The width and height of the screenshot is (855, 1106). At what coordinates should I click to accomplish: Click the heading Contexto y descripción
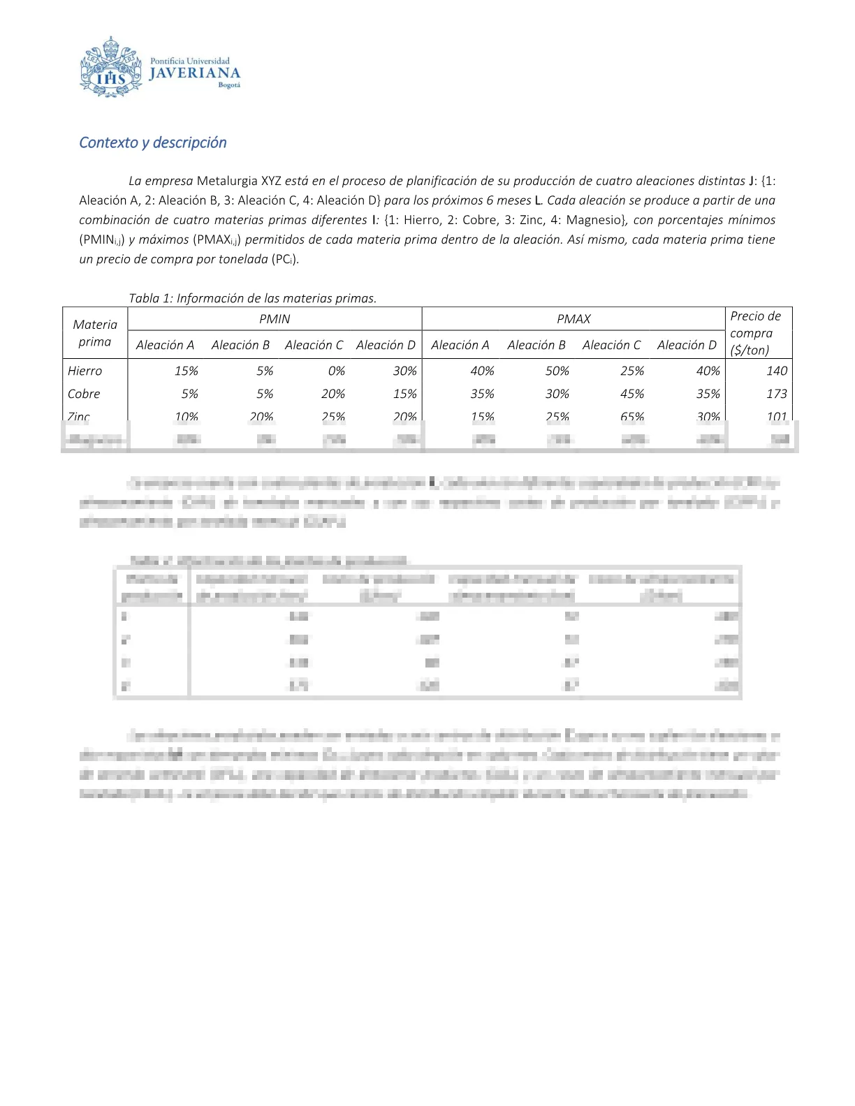(x=153, y=142)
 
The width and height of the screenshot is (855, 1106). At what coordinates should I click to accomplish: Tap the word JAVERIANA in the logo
(x=195, y=73)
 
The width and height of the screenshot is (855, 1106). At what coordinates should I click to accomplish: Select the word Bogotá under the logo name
(x=229, y=85)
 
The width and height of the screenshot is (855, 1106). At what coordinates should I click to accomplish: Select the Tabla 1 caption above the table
(x=252, y=298)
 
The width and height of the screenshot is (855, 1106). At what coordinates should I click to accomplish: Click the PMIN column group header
(x=275, y=319)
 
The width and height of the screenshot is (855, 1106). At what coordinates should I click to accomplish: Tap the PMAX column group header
(x=573, y=319)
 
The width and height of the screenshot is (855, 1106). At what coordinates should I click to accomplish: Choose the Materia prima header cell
(x=95, y=332)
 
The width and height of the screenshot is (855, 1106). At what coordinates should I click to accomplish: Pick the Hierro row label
(x=85, y=371)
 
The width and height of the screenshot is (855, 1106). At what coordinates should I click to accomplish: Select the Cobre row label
(x=84, y=394)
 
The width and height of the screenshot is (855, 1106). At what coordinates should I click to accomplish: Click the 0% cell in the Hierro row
(x=336, y=371)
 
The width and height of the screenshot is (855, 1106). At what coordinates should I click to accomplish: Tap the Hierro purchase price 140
(x=776, y=371)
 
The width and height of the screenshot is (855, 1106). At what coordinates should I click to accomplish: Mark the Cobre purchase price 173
(x=776, y=394)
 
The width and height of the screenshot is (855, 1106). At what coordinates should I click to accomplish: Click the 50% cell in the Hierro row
(x=557, y=371)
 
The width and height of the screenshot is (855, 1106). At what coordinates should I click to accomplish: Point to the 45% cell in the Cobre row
(x=632, y=394)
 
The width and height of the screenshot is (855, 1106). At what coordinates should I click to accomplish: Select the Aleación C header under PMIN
(x=314, y=345)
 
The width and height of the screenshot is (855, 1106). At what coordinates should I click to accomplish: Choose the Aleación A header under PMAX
(x=460, y=345)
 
